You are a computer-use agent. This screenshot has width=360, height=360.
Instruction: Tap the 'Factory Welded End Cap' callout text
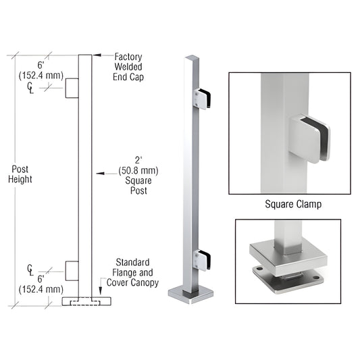pyautogui.click(x=129, y=67)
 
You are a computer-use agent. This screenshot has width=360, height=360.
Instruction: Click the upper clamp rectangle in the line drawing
pyautogui.click(x=72, y=88)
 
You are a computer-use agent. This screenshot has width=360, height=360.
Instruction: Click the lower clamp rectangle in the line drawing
pyautogui.click(x=72, y=271)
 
